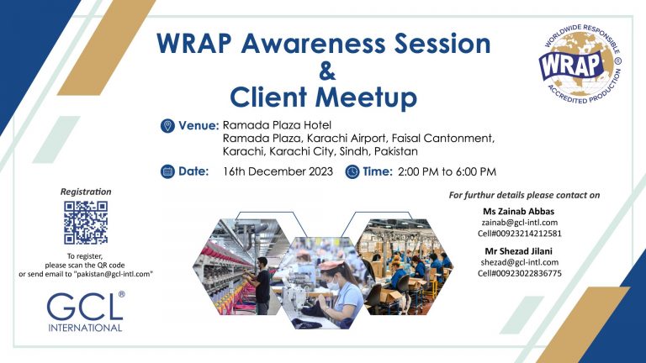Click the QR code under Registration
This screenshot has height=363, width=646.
coord(86,223)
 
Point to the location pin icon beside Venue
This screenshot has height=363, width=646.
coord(167,126)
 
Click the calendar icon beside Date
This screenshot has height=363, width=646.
coord(167,171)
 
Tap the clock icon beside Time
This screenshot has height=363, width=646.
coord(352,171)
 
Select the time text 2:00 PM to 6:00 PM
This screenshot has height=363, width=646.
coord(447,171)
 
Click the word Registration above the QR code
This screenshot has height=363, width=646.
coord(86,192)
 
